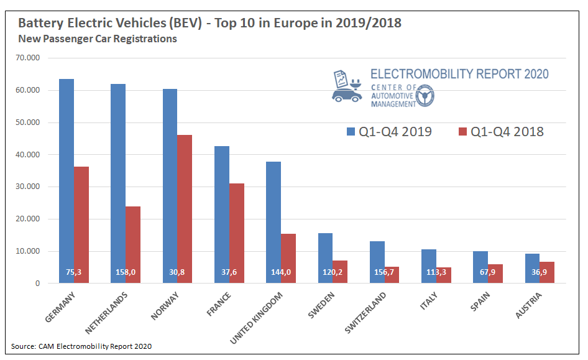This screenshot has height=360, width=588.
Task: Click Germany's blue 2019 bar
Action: [67, 180]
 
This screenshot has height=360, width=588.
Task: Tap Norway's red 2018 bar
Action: [185, 209]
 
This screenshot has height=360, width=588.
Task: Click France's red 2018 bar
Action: [236, 233]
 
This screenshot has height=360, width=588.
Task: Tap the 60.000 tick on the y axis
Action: [29, 90]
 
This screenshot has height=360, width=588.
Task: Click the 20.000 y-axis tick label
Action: [29, 219]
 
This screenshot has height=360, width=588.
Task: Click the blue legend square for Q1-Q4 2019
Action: [350, 132]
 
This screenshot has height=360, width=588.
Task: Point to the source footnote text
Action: [81, 346]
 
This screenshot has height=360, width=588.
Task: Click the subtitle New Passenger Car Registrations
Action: [98, 39]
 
